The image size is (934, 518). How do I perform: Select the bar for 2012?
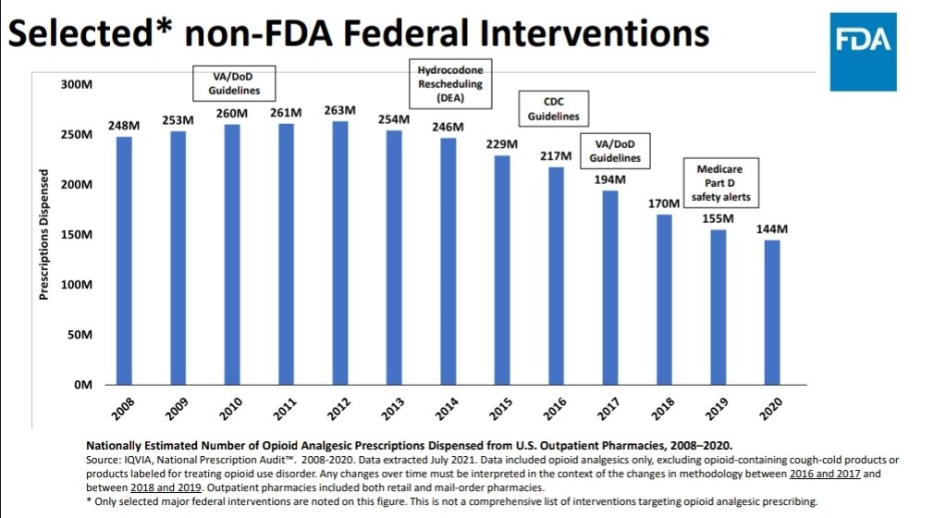(340, 253)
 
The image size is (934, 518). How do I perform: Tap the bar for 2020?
(772, 312)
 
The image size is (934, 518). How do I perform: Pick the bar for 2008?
(124, 260)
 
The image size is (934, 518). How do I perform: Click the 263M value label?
(340, 110)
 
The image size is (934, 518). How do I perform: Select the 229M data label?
(502, 144)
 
